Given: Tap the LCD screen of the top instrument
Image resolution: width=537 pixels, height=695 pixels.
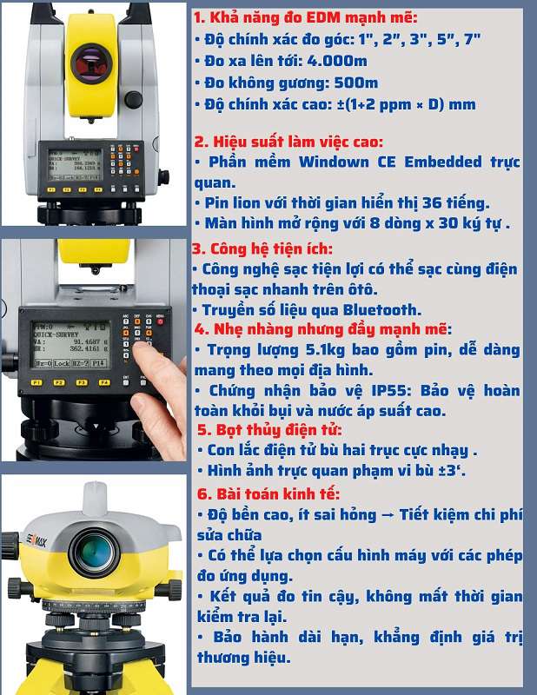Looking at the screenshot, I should (73, 162).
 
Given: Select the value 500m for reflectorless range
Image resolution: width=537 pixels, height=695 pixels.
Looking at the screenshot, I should (356, 83).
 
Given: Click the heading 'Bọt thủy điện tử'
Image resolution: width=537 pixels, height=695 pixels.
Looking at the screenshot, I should (269, 430).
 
